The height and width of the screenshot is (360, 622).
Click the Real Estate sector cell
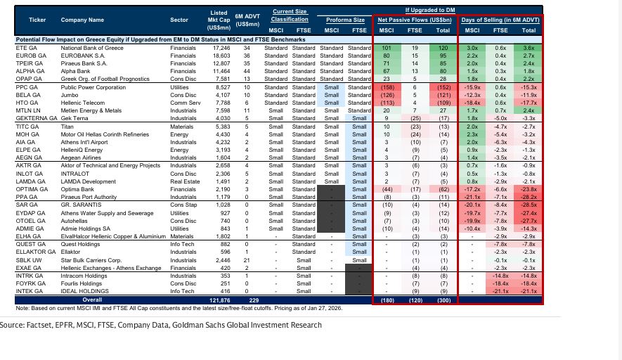pos(185,181)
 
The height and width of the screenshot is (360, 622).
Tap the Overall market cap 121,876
pos(220,300)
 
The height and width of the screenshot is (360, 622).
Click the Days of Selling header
pos(500,20)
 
